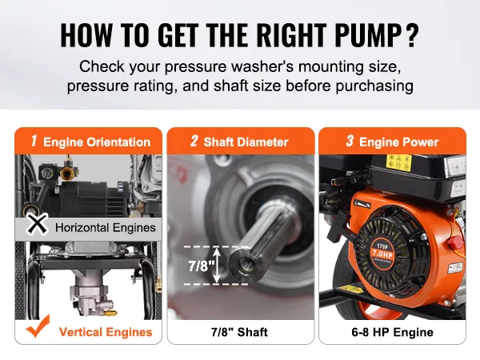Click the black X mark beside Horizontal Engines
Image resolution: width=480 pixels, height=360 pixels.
(37, 224)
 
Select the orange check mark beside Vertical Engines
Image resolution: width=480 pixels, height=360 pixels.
(38, 326)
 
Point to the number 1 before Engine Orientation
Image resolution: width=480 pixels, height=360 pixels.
(34, 141)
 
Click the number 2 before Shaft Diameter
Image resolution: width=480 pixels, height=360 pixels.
(194, 141)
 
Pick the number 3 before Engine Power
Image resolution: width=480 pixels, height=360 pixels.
(350, 141)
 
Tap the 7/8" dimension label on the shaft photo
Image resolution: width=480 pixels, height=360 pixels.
(200, 265)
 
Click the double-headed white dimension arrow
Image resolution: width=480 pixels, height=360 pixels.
(217, 265)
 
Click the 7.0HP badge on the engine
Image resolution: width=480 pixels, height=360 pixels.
(382, 254)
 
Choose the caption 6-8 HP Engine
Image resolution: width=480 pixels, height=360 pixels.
(393, 332)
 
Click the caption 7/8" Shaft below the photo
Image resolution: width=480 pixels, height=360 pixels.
(239, 332)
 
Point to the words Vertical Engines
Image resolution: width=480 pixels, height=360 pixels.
(106, 332)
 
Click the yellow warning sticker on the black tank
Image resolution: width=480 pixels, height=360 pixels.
(398, 162)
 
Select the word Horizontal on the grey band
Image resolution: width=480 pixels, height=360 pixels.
(82, 228)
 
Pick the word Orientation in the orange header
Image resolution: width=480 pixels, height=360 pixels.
(118, 142)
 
